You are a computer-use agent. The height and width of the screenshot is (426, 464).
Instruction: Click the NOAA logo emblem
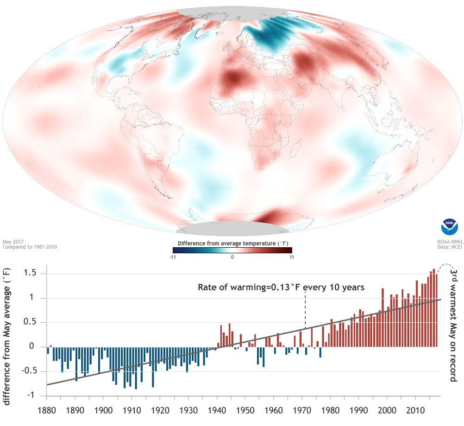[449, 228]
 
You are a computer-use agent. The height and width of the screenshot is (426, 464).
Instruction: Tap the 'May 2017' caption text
[13, 242]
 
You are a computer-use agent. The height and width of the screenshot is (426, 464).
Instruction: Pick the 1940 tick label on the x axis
[216, 411]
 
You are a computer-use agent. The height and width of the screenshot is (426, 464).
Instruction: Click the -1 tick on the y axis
[35, 395]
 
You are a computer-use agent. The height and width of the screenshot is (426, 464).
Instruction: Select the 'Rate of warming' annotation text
[281, 288]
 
